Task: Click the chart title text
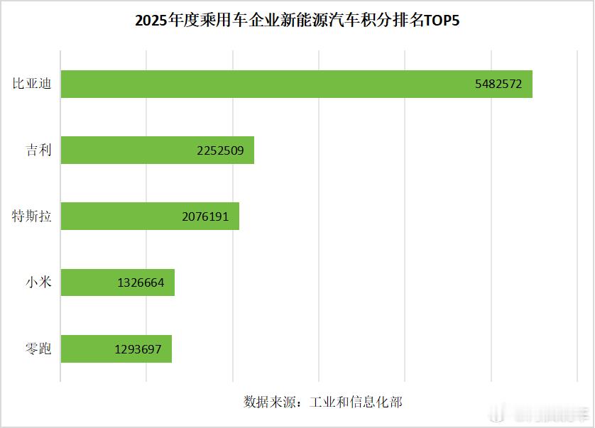tap(297, 21)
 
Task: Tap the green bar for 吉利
tap(128, 150)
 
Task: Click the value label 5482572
tap(498, 84)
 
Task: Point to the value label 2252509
tap(220, 150)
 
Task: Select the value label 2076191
tap(205, 216)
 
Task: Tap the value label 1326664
tap(141, 282)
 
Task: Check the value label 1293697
tap(138, 349)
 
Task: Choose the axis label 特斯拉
tap(32, 216)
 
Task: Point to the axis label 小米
tap(38, 282)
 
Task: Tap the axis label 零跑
tap(38, 349)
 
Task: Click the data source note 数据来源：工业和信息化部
tap(322, 402)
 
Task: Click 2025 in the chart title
tap(151, 21)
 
